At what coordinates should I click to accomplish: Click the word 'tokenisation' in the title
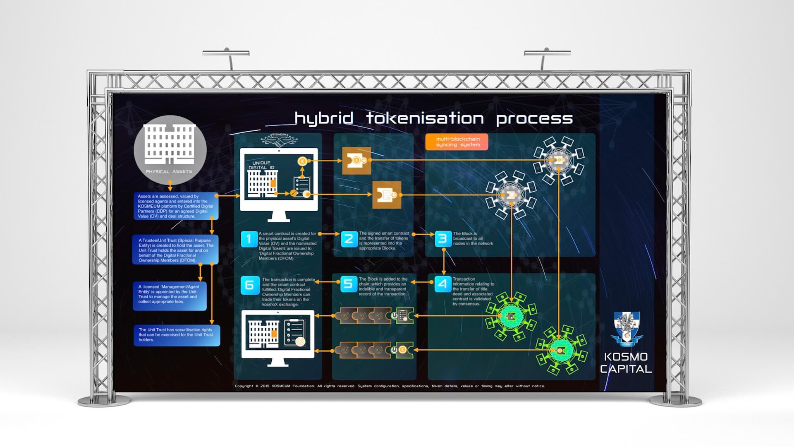[x=425, y=119]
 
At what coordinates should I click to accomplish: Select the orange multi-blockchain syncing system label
[x=457, y=142]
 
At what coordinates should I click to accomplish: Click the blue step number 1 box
[x=249, y=239]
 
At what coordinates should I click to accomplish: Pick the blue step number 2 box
[x=349, y=239]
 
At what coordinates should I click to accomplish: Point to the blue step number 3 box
[x=443, y=239]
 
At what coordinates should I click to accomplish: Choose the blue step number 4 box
[x=443, y=284]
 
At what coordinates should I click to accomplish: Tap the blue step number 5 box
[x=349, y=284]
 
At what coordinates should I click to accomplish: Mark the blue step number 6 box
[x=250, y=285]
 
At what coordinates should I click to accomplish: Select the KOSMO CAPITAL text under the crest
[x=626, y=363]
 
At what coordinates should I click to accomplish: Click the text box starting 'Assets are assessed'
[x=175, y=206]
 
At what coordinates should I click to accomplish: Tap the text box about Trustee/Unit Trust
[x=175, y=250]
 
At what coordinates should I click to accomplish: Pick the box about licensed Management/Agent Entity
[x=170, y=296]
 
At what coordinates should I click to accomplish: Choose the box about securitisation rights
[x=177, y=335]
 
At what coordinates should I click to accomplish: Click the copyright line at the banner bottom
[x=390, y=386]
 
